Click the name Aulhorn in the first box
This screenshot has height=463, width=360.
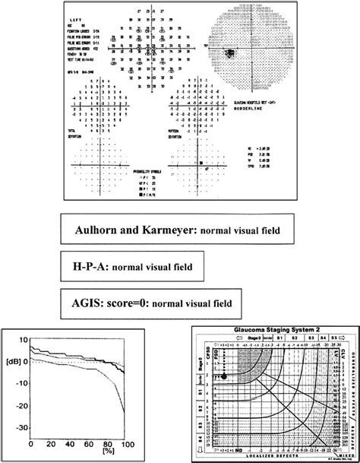coord(103,229)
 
